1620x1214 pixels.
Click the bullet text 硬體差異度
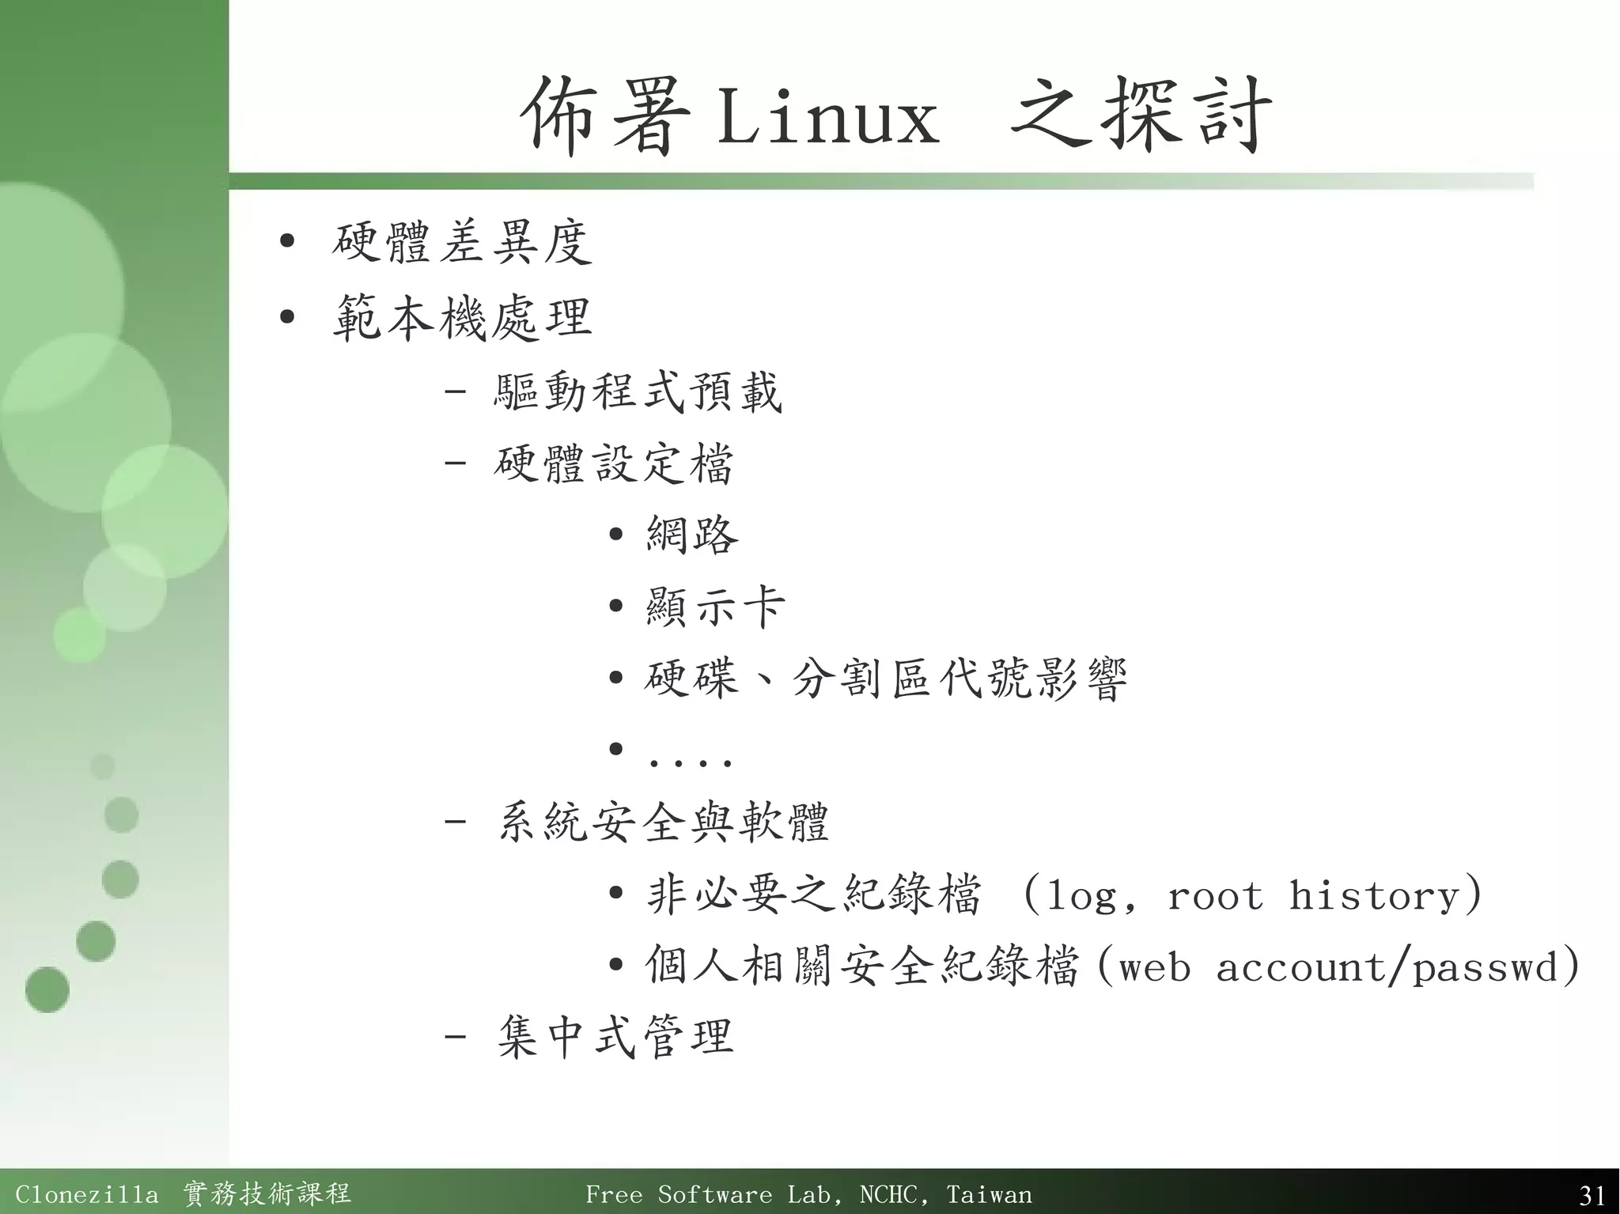coord(462,243)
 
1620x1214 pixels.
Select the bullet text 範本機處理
coord(462,319)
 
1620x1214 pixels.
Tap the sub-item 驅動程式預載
coord(638,392)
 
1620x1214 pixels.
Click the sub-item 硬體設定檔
coord(614,464)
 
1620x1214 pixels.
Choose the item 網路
coord(692,535)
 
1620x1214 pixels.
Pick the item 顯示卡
coord(715,607)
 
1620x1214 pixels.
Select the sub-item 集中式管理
coord(615,1037)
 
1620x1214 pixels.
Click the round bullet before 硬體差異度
coord(287,240)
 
